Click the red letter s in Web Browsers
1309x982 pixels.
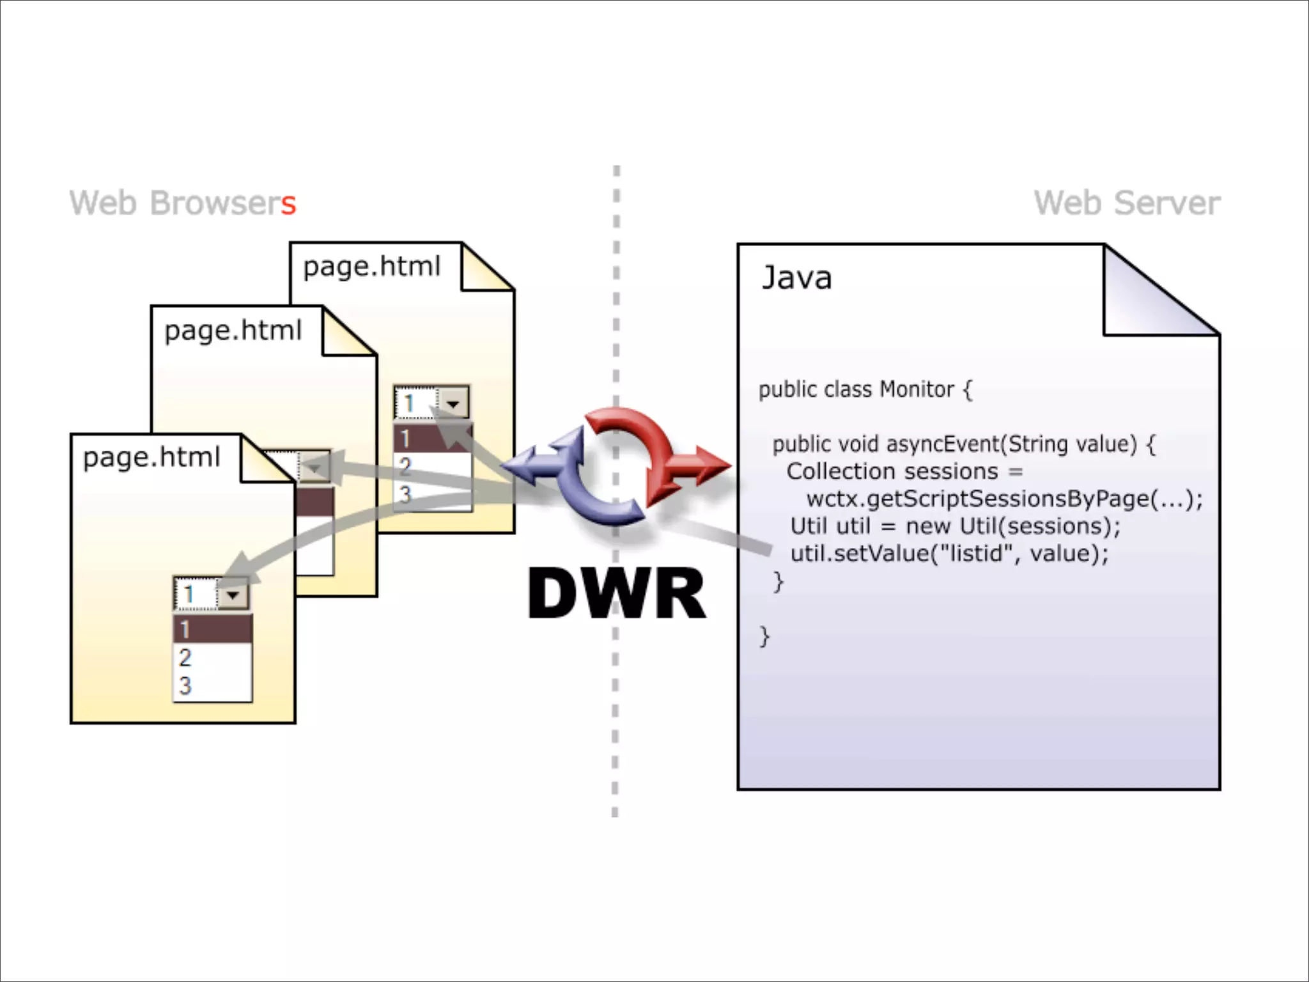(x=288, y=205)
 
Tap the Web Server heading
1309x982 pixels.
(x=1126, y=203)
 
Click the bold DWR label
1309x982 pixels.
(x=616, y=593)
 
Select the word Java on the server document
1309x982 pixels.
(x=796, y=278)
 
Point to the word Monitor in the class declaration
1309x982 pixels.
(x=917, y=389)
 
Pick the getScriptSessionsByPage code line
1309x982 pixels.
(x=1003, y=499)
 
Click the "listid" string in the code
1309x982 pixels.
(x=972, y=553)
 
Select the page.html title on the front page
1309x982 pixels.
(x=151, y=457)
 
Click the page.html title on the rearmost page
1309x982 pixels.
(x=371, y=266)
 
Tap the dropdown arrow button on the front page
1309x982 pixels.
(x=233, y=595)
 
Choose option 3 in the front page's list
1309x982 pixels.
(x=185, y=685)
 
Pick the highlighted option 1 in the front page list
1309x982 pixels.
(x=212, y=629)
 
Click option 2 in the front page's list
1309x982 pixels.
(x=185, y=657)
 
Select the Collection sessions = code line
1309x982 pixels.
(x=904, y=472)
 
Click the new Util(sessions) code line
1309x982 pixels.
(x=955, y=526)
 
